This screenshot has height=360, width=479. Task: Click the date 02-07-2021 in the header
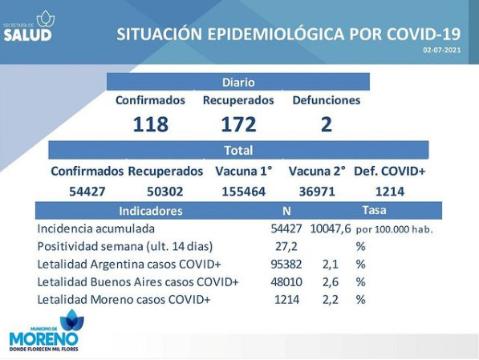(442, 50)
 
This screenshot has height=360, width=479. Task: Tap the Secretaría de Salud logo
(29, 26)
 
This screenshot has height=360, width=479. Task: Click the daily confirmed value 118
(151, 124)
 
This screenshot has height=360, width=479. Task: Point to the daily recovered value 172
(238, 124)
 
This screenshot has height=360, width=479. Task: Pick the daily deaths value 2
(327, 124)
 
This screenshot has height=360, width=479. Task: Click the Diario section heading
(238, 83)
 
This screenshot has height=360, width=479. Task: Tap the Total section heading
(238, 151)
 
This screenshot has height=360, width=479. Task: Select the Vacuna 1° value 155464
(243, 192)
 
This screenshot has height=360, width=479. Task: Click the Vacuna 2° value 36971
(317, 192)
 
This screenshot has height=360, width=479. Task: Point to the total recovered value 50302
(165, 192)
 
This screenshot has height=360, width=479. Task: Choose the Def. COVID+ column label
(389, 172)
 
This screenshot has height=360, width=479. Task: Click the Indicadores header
(151, 211)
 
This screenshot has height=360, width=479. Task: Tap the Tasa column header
(374, 210)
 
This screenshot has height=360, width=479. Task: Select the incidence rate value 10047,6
(331, 229)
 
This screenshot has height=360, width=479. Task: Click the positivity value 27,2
(286, 246)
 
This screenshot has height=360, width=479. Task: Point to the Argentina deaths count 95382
(286, 264)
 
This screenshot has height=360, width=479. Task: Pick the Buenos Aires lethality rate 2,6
(331, 282)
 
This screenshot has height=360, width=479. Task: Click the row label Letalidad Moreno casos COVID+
(124, 300)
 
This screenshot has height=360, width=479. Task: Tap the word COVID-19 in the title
(424, 34)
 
